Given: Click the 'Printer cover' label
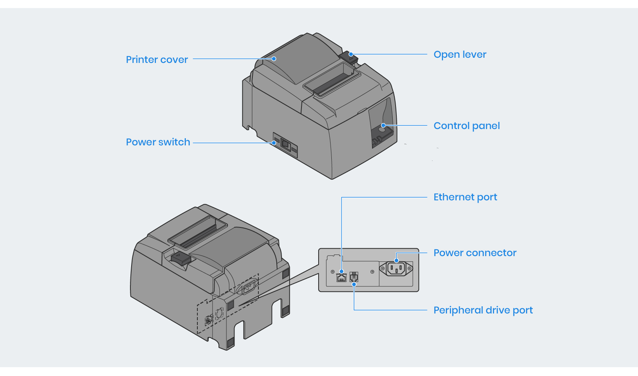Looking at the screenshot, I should [157, 60].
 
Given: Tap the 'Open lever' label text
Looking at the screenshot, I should [460, 55].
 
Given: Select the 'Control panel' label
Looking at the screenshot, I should [467, 126].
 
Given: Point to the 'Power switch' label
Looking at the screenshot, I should [158, 142].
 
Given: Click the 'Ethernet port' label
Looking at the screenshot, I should [465, 197].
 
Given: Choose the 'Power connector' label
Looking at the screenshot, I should [475, 253].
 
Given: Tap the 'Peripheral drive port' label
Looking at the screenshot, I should [483, 310].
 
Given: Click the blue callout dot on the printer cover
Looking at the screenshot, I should [274, 59].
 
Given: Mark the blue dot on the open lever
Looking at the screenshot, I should [351, 54].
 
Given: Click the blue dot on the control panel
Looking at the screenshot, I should [383, 125].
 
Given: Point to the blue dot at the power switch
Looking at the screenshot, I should [274, 143].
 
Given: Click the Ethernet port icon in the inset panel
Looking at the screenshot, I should [341, 278].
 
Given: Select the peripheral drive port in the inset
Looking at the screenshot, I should [354, 276].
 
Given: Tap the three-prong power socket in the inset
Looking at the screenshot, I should [396, 269].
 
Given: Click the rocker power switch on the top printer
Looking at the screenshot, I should [285, 144].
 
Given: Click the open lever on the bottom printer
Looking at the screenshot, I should [181, 258].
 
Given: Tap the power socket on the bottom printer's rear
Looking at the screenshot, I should [247, 287].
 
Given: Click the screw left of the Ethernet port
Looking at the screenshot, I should [333, 272].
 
